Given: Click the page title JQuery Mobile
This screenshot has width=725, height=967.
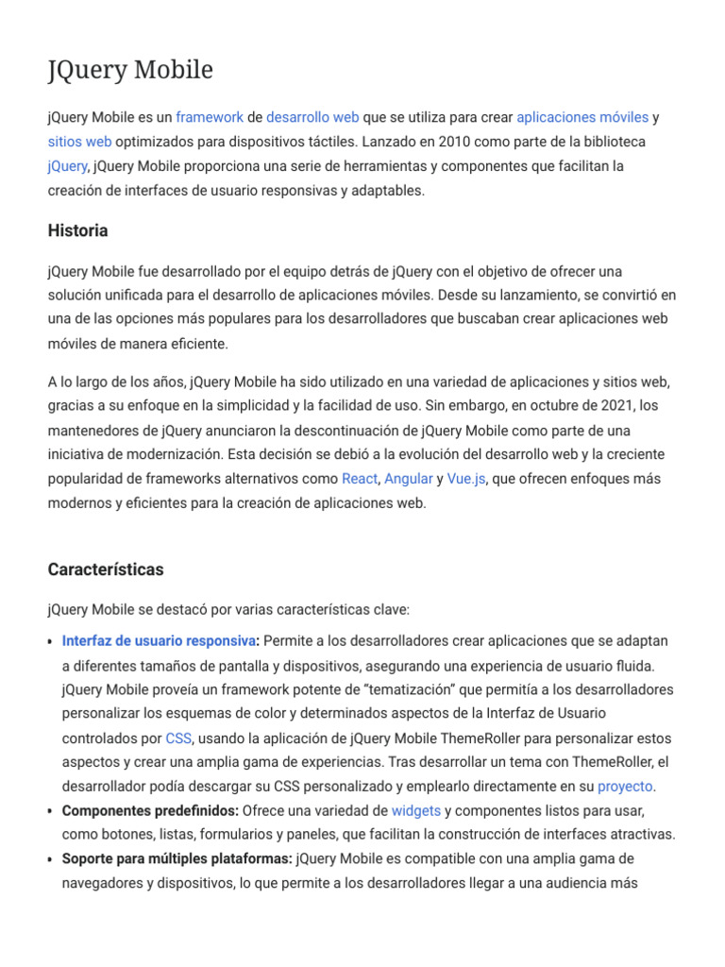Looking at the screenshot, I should pyautogui.click(x=130, y=70).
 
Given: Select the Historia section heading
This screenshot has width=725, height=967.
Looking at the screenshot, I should pyautogui.click(x=77, y=230).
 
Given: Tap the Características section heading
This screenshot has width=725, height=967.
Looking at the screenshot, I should pyautogui.click(x=105, y=569).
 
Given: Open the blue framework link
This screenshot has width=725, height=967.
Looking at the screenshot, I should pyautogui.click(x=210, y=117).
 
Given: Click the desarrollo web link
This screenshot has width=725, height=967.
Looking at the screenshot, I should pyautogui.click(x=312, y=117).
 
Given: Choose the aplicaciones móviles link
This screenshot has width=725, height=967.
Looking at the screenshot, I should pyautogui.click(x=582, y=117).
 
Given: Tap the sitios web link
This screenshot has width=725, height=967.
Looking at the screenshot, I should pyautogui.click(x=80, y=142).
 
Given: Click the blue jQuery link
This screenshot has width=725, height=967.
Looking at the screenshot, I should pyautogui.click(x=67, y=166).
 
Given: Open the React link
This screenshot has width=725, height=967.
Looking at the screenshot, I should pyautogui.click(x=360, y=479).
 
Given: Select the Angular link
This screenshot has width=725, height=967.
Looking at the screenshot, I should pyautogui.click(x=409, y=479).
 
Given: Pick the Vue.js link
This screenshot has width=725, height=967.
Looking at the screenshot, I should pyautogui.click(x=466, y=479).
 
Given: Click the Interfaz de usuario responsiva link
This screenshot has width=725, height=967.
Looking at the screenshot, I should pyautogui.click(x=160, y=641).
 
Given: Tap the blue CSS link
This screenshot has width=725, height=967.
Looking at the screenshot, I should pyautogui.click(x=178, y=738).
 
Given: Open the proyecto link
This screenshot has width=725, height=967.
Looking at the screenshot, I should pyautogui.click(x=625, y=787).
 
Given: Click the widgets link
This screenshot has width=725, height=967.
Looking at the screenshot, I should pyautogui.click(x=416, y=810).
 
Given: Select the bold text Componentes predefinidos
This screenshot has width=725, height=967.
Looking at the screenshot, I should pyautogui.click(x=150, y=810).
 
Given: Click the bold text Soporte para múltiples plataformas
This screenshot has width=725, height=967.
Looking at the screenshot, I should pyautogui.click(x=177, y=859).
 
